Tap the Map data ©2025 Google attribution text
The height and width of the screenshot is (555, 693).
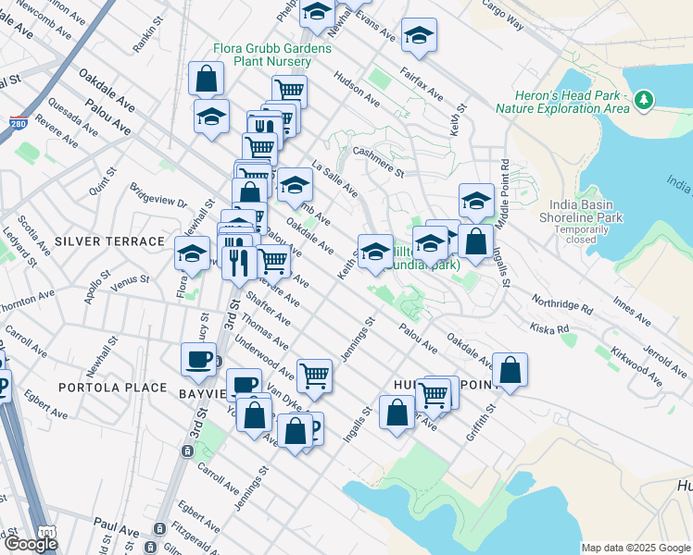click(x=636, y=548)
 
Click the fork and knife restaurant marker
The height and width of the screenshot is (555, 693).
click(x=238, y=261)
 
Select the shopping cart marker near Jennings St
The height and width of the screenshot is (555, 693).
click(x=315, y=375)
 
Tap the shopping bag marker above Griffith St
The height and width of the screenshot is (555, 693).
click(x=510, y=369)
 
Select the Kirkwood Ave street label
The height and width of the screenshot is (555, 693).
click(x=643, y=365)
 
